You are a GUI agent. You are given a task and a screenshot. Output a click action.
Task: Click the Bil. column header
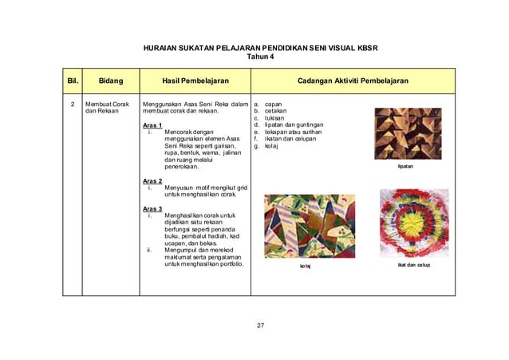tap(71, 81)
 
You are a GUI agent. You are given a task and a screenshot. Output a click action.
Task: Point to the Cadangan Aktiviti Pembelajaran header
tap(353, 81)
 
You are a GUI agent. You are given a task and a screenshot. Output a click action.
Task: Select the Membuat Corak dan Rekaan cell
tap(107, 109)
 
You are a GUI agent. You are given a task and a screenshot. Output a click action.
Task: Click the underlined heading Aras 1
tap(152, 125)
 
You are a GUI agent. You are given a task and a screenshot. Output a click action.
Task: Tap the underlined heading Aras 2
tap(152, 181)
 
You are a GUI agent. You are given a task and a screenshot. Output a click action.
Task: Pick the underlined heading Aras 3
tap(152, 209)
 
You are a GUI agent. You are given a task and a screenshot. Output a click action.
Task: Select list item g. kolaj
tap(267, 146)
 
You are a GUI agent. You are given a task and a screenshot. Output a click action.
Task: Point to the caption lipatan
tap(406, 168)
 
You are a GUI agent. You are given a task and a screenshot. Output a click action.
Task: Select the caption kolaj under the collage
tap(306, 265)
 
